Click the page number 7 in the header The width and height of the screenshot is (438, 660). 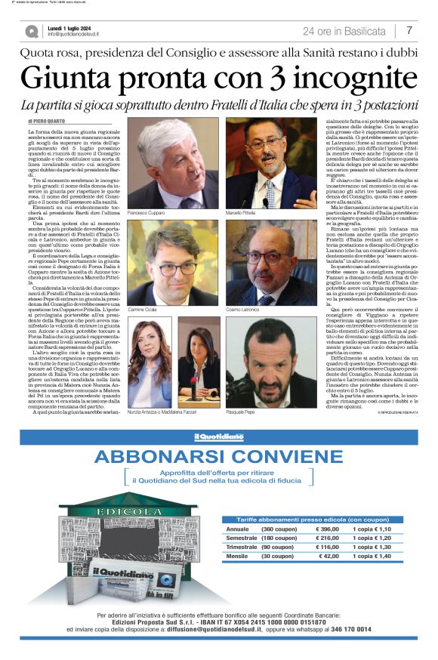(409, 31)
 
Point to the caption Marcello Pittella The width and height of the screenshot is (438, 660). (242, 214)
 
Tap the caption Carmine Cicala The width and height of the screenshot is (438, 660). (144, 310)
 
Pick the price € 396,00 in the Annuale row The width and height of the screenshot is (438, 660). (326, 529)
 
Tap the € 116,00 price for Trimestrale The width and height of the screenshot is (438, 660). (326, 547)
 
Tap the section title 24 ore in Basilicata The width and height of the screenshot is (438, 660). (344, 31)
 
